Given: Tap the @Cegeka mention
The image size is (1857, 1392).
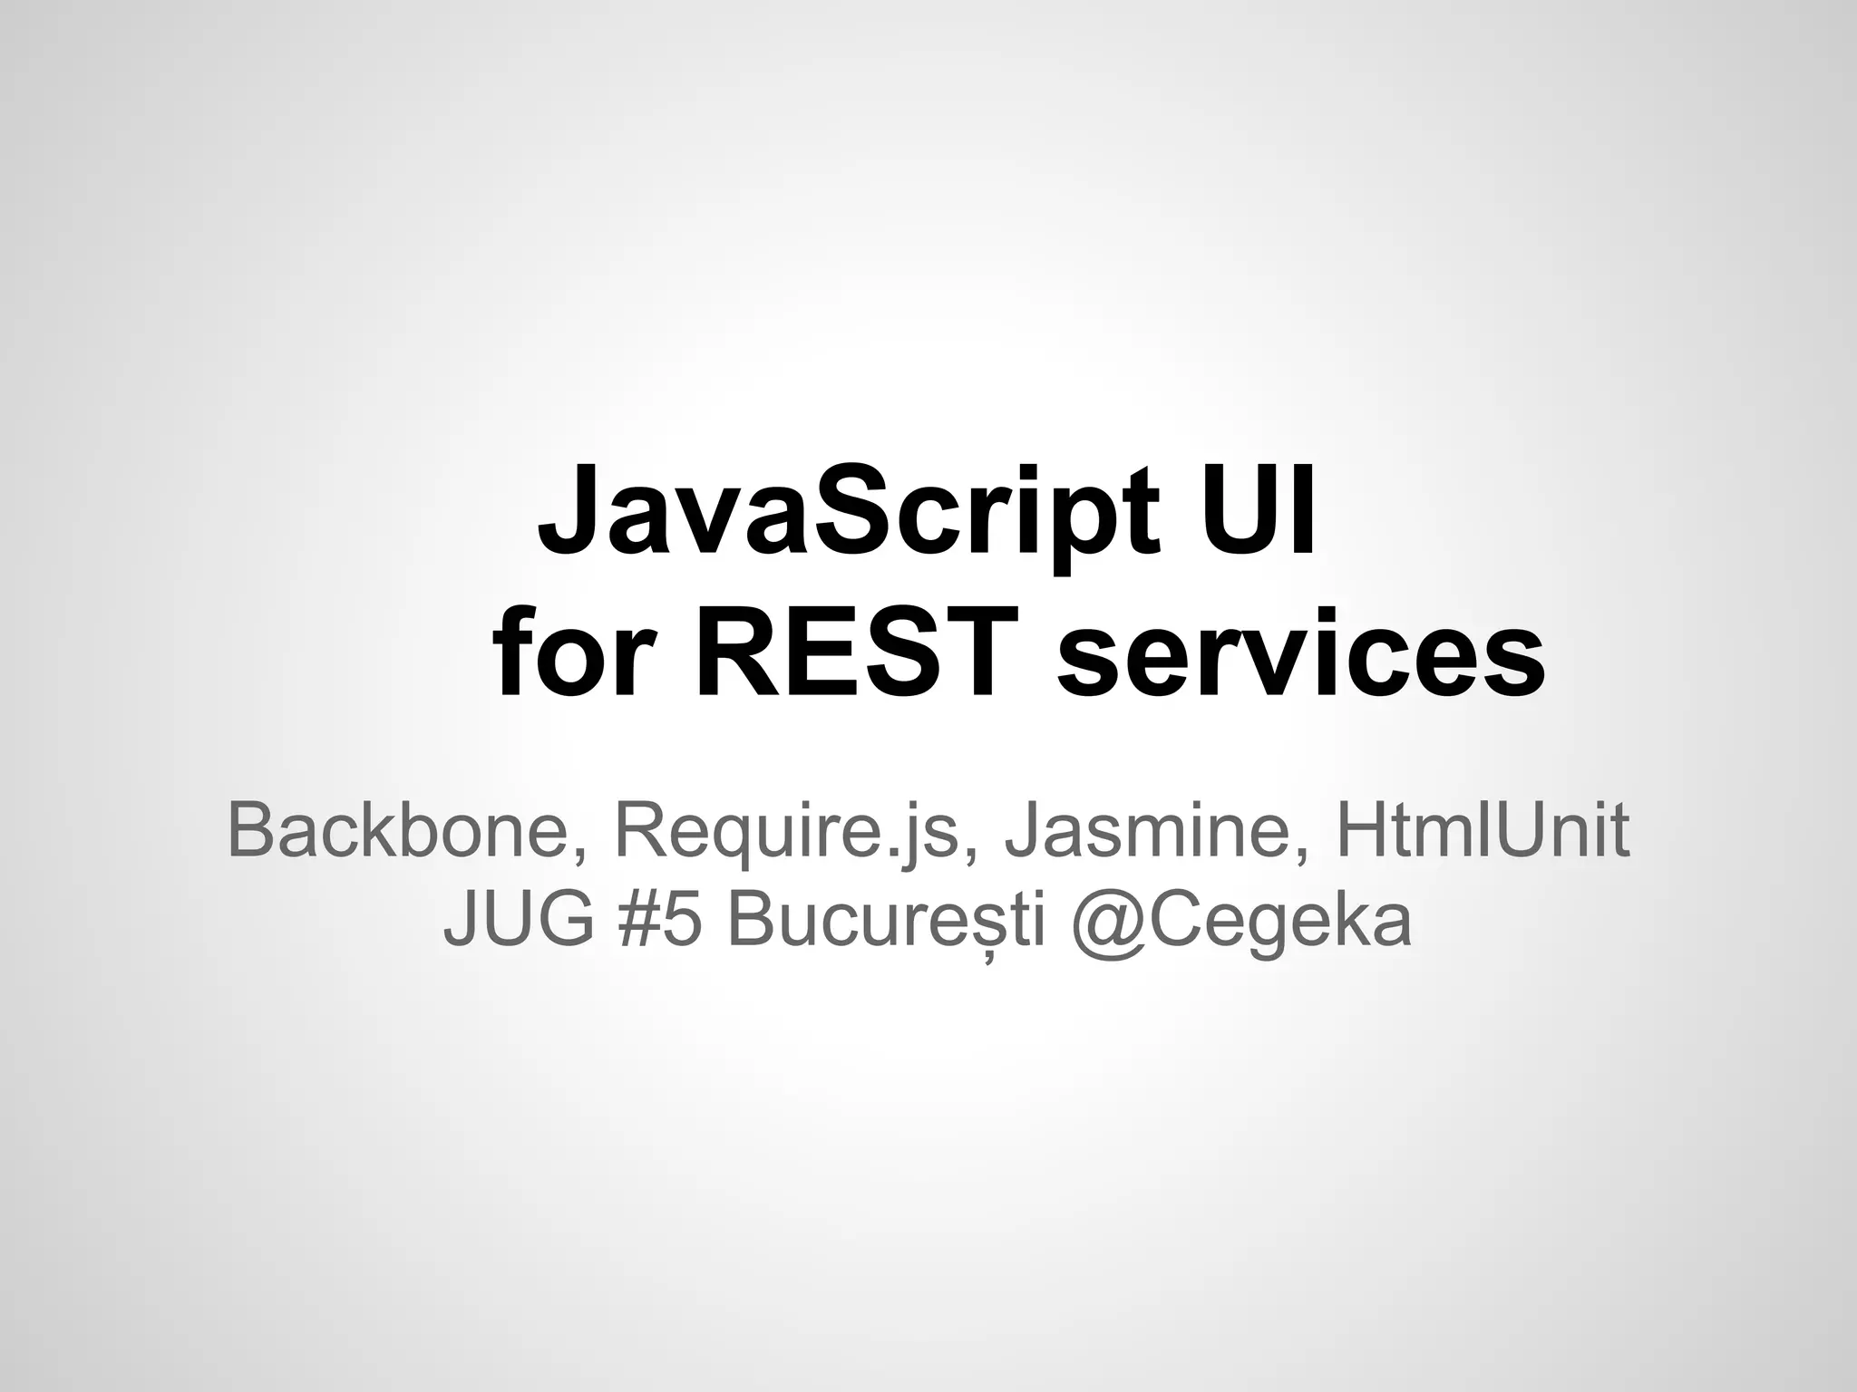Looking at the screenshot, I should (x=1241, y=923).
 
